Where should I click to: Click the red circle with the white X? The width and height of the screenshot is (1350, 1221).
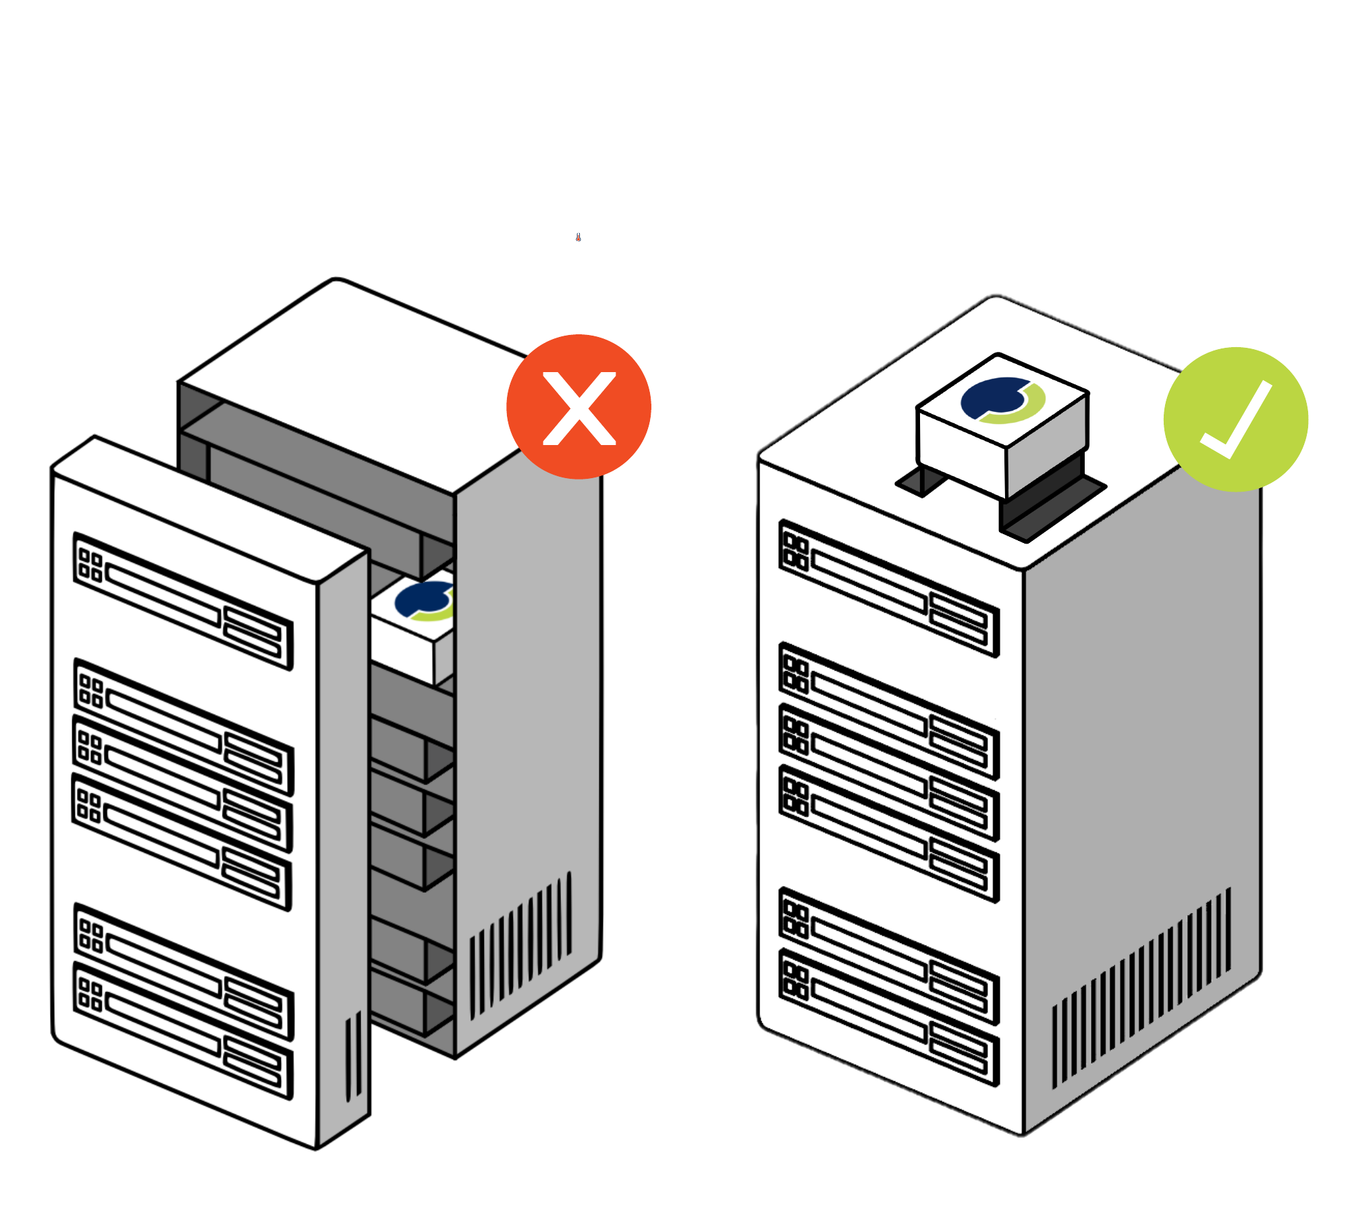578,407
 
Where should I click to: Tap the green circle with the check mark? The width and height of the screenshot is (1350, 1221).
1235,419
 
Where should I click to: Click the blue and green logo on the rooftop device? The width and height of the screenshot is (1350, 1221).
1003,400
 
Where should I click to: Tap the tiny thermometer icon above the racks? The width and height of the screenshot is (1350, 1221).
578,237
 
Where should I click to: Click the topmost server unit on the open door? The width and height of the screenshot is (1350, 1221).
183,601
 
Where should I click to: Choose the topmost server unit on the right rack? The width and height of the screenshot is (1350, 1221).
889,588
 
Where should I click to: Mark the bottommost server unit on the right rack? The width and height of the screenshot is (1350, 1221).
889,1017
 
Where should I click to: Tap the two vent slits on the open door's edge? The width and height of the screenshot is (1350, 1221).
353,1057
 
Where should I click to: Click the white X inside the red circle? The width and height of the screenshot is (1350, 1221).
579,409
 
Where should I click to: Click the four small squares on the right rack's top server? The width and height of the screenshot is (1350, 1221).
796,552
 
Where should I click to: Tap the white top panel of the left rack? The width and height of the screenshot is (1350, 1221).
351,378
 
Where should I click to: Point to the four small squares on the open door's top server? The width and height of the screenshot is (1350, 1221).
90,566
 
